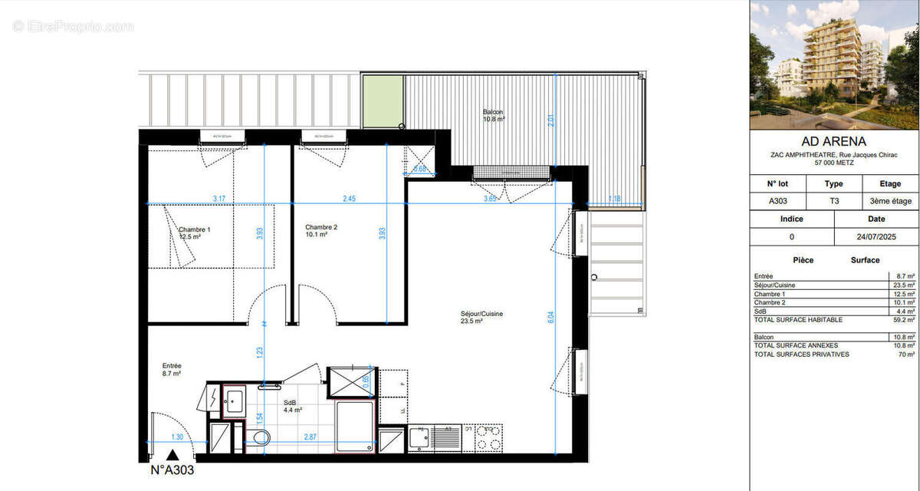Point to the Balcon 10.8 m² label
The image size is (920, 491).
[494, 115]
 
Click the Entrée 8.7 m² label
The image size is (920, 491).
[172, 370]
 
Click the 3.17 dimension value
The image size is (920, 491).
[219, 199]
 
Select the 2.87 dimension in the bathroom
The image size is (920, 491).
[310, 437]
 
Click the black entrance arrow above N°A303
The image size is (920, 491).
[175, 456]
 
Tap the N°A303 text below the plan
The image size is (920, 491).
[172, 470]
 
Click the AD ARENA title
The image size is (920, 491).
[833, 141]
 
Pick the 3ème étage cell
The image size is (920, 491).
[891, 201]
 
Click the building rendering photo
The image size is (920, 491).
[833, 64]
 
